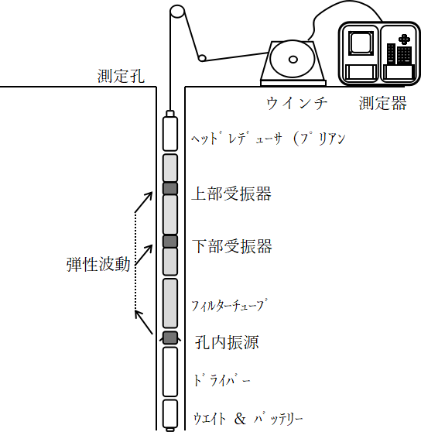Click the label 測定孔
121,76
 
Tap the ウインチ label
297,103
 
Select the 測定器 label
383,103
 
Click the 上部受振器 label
231,194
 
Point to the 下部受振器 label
232,246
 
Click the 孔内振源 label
227,342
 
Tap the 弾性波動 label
98,265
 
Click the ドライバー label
222,380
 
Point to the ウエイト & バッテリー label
248,419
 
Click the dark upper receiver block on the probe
170,188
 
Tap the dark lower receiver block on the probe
170,242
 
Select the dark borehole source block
170,338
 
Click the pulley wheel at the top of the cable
177,12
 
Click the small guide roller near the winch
202,58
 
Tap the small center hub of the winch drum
293,60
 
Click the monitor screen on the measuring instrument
361,43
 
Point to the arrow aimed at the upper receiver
143,203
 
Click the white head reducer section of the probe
170,134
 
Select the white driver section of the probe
170,372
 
